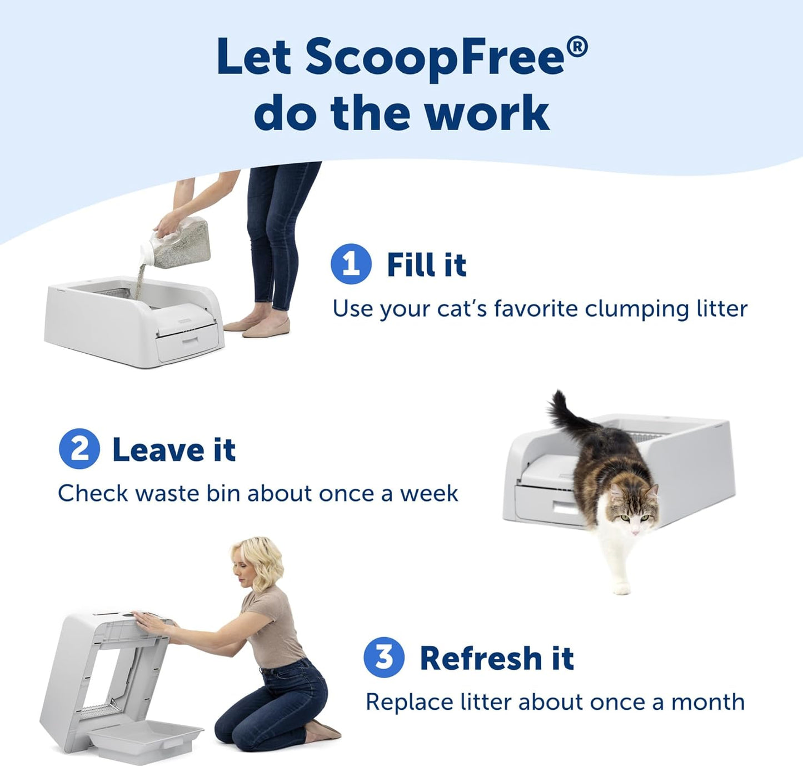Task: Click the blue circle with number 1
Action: (x=351, y=264)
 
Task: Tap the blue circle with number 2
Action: (x=79, y=449)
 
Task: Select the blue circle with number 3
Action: (x=384, y=657)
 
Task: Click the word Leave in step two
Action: (x=158, y=450)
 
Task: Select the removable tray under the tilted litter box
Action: (x=146, y=739)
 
